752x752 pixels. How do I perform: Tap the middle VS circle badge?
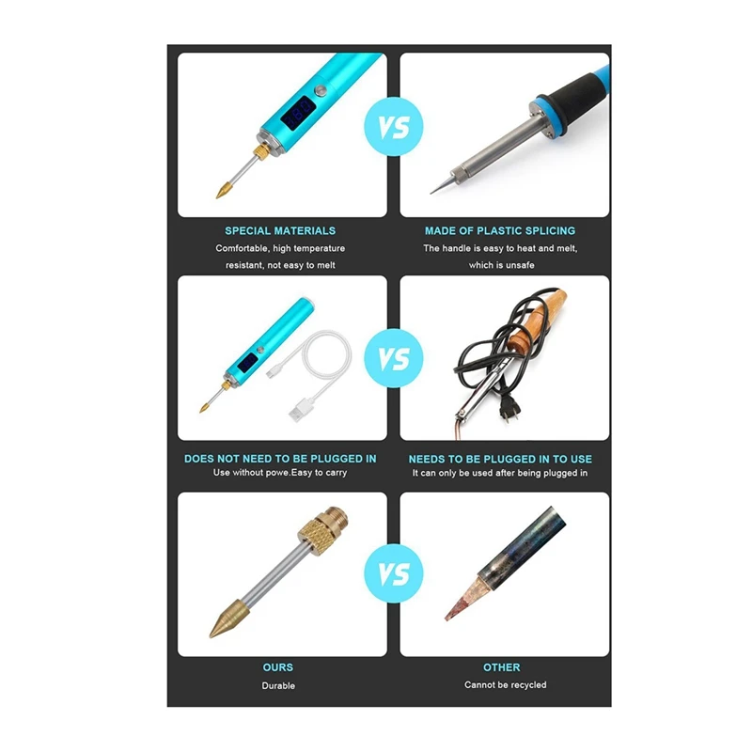tap(393, 360)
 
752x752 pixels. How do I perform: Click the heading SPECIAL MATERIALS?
tap(280, 230)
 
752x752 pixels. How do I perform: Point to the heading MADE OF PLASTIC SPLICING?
tap(500, 230)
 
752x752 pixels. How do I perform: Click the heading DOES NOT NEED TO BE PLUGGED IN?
tap(280, 459)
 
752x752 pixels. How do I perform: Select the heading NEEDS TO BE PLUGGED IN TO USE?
tap(500, 459)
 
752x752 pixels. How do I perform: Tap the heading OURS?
tap(278, 667)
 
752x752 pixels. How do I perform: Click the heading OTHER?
tap(502, 667)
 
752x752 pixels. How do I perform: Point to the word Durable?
tap(278, 685)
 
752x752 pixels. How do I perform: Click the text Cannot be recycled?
tap(505, 685)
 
